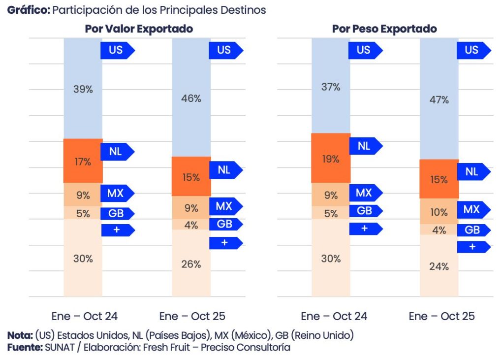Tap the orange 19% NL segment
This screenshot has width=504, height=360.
tap(331, 159)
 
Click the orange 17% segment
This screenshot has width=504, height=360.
tap(83, 161)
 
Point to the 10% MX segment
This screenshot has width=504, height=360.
tap(439, 212)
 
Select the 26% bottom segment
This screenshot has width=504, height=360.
tap(191, 264)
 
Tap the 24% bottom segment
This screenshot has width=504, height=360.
tap(439, 266)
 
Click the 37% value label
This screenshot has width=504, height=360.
tap(331, 87)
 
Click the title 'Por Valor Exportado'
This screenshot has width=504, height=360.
tap(139, 29)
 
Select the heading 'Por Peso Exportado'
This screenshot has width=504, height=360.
tap(384, 29)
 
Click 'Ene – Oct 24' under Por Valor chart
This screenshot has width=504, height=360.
tap(85, 316)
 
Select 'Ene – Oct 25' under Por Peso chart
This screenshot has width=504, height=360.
tap(441, 316)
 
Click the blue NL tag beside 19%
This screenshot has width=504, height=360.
tap(364, 146)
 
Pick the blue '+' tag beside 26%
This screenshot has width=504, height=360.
tap(224, 243)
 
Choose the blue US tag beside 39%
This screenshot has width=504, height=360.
tap(116, 50)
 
